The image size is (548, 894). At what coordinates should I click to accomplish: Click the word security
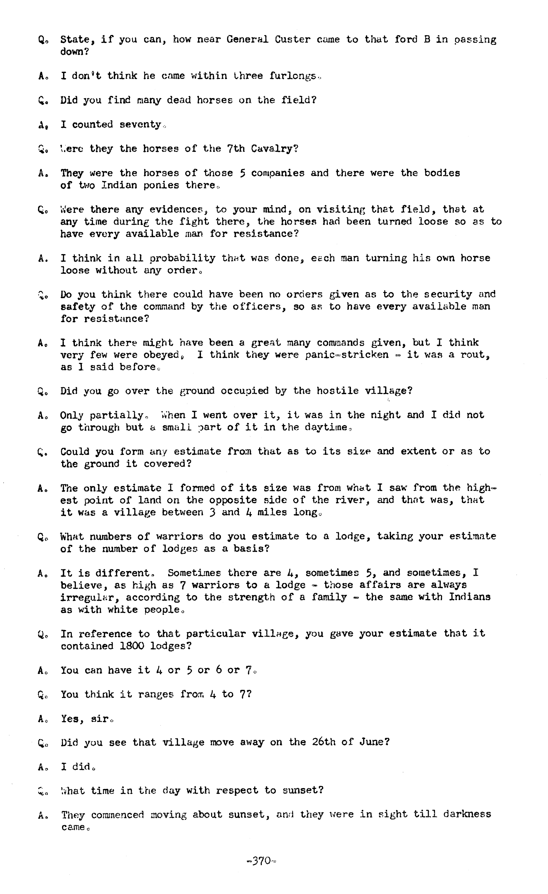[x=448, y=294]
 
